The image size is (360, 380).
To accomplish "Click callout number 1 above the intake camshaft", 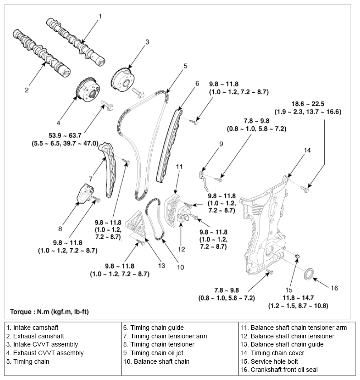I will pyautogui.click(x=100, y=16).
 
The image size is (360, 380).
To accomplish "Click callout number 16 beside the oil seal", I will pyautogui.click(x=334, y=288).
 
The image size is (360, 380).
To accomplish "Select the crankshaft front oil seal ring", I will pyautogui.click(x=309, y=275).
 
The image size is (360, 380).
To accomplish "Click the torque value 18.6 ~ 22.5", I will pyautogui.click(x=308, y=103).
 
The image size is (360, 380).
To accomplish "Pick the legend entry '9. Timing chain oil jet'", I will pyautogui.click(x=154, y=353).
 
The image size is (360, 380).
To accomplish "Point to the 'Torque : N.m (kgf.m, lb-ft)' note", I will pyautogui.click(x=55, y=312).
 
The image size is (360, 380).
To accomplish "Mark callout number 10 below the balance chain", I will pyautogui.click(x=180, y=267).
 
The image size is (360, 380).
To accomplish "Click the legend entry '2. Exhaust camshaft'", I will pyautogui.click(x=35, y=336).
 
